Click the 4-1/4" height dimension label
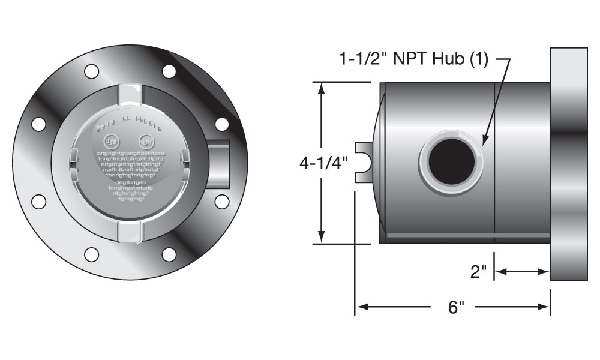point(323,163)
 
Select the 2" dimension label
point(478,272)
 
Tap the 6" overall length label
point(457,307)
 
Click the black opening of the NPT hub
point(451,161)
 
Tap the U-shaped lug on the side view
point(364,163)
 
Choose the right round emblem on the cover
point(146,142)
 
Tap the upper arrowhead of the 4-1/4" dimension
point(322,88)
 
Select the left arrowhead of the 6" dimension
point(361,307)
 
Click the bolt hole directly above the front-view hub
point(222,124)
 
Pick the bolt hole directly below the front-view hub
point(222,201)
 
